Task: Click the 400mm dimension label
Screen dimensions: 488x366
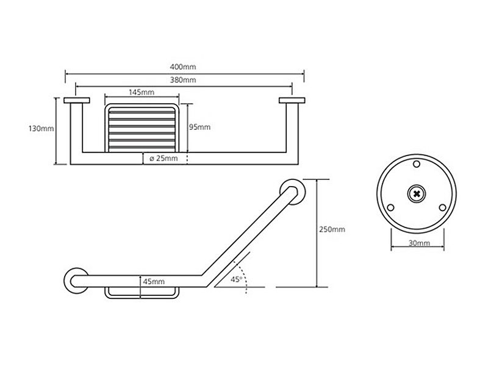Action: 183,67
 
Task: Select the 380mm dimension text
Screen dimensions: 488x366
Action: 183,80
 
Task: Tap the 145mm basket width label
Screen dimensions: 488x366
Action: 142,92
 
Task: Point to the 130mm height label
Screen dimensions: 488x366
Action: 41,129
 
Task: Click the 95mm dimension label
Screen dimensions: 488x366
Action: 200,127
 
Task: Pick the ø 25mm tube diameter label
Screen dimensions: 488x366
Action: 163,159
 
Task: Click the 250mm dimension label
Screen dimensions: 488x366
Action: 332,229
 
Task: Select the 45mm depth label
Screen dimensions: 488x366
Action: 154,282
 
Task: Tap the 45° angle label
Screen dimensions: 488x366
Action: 236,279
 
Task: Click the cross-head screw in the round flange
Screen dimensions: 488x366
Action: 417,194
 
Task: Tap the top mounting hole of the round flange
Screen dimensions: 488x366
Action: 417,164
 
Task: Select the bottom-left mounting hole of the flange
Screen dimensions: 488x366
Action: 390,208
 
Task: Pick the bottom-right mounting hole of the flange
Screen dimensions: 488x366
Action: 442,208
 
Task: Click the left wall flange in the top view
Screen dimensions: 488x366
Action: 77,100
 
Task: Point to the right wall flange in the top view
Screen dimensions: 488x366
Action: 292,100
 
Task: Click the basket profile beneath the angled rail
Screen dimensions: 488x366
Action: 142,297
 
